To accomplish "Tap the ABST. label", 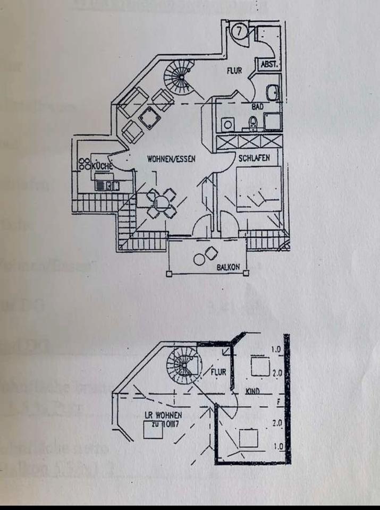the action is tap(267, 64).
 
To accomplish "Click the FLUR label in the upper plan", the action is tap(234, 70).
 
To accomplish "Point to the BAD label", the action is tap(257, 107).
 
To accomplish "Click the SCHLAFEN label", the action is tap(254, 158).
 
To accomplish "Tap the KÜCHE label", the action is tap(103, 166).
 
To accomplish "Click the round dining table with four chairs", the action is tap(161, 202).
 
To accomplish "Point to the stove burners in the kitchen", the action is tap(85, 164).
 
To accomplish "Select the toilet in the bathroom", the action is tap(253, 123).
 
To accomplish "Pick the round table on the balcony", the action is tap(200, 260).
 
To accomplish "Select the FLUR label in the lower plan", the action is tap(219, 372).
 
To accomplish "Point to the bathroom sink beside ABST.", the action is tap(272, 93).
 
